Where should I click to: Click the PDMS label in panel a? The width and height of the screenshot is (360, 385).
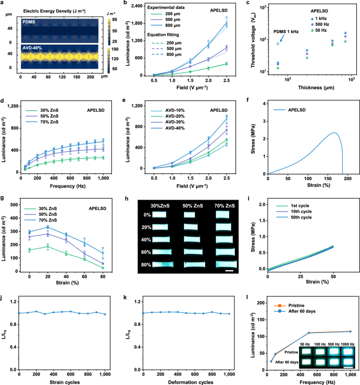pos(30,22)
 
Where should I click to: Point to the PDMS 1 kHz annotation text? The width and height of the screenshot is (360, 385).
pos(287,32)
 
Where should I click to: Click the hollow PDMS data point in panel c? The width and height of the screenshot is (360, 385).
pos(277,43)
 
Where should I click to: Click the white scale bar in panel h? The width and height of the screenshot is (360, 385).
pos(229,271)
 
